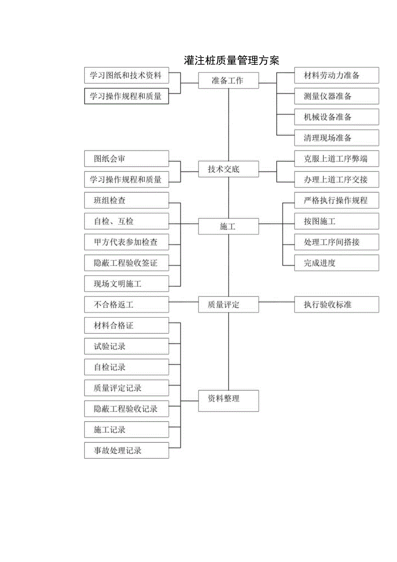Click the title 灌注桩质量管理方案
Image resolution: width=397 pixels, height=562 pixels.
[x=231, y=60]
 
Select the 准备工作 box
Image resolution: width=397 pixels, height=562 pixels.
[x=228, y=80]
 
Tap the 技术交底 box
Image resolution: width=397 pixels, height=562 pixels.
[x=228, y=169]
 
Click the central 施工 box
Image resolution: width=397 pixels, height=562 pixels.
[x=228, y=226]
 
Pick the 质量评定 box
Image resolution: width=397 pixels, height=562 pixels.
[x=228, y=305]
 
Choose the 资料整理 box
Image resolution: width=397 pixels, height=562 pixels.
[x=228, y=400]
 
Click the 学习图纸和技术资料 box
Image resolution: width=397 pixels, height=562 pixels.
[x=126, y=76]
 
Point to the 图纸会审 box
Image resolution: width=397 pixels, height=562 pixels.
[x=126, y=159]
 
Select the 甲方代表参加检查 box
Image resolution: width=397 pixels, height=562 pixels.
[x=126, y=242]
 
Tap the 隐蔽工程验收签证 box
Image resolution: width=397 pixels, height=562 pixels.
[x=126, y=263]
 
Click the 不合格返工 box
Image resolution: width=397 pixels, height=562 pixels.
[x=126, y=305]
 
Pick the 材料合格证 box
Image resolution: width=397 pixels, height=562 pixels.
[x=126, y=325]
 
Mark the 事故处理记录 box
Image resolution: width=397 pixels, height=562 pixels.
[x=126, y=451]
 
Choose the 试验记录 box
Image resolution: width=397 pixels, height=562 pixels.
[x=126, y=346]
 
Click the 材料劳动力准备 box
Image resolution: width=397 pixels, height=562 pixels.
[x=336, y=76]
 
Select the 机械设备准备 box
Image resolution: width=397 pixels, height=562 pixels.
[x=336, y=117]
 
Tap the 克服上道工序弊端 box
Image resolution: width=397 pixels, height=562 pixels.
[x=336, y=159]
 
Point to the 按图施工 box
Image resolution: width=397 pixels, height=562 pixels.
[x=336, y=222]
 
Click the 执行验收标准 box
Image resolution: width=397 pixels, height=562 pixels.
[x=336, y=305]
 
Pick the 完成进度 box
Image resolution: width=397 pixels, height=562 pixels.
[x=336, y=263]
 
